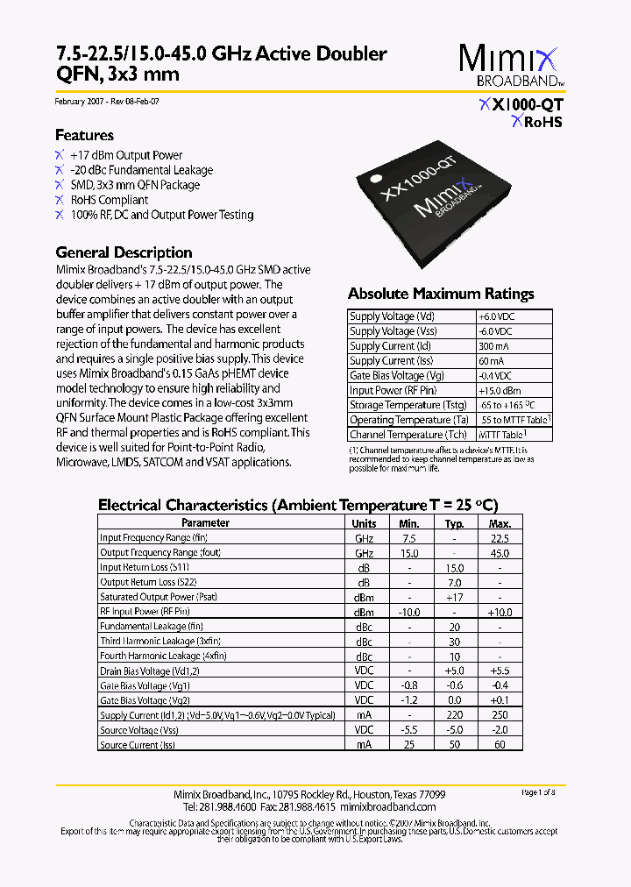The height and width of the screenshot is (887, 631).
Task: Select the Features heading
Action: pos(84,135)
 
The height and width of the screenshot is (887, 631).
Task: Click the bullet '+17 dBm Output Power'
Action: pos(126,155)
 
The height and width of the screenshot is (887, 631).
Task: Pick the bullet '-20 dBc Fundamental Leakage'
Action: pos(141,170)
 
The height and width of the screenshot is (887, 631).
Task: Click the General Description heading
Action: pos(124,252)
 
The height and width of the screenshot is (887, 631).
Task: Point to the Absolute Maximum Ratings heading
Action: pos(441,294)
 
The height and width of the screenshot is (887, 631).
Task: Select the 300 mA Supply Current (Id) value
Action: pos(493,346)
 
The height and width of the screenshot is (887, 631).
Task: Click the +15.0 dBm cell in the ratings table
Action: pos(500,390)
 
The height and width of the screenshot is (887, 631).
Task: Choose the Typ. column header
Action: pos(454,523)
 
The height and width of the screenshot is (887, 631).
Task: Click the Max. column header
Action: pos(500,523)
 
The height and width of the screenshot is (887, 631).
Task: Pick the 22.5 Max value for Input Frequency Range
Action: pos(500,538)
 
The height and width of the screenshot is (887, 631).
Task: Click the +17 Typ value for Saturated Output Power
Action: pos(454,597)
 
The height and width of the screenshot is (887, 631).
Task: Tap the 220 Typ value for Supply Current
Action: pos(454,715)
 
